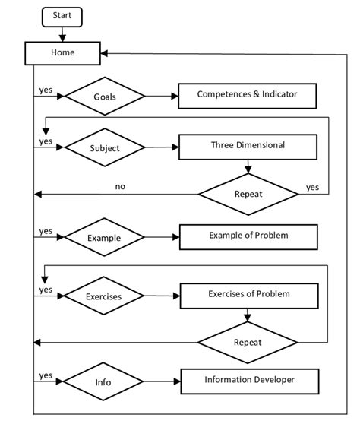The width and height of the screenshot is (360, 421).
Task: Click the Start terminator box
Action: [x=62, y=16]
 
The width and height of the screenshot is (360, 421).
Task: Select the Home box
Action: [x=62, y=53]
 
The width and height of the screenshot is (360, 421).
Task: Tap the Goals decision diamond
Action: [x=105, y=97]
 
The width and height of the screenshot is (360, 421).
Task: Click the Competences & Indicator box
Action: [x=247, y=95]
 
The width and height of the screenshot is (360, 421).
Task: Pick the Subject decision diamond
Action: [x=105, y=148]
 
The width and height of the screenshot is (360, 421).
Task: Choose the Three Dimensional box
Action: [x=247, y=146]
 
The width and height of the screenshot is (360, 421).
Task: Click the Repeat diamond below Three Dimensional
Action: [x=248, y=194]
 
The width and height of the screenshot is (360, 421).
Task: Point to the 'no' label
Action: [x=120, y=185]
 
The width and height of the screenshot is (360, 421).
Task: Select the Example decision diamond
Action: [x=104, y=238]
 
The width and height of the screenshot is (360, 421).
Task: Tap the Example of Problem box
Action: [x=248, y=236]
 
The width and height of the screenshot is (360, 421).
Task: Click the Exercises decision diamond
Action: [x=104, y=296]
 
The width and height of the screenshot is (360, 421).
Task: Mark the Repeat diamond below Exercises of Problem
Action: [x=248, y=342]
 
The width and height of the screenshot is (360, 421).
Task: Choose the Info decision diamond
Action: [x=104, y=382]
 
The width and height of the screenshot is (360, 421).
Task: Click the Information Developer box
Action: [x=249, y=379]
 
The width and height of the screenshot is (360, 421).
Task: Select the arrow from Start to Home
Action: [x=62, y=33]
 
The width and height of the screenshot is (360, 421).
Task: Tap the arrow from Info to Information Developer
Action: [x=161, y=382]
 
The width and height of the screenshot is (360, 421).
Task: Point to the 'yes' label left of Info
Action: [x=46, y=375]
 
